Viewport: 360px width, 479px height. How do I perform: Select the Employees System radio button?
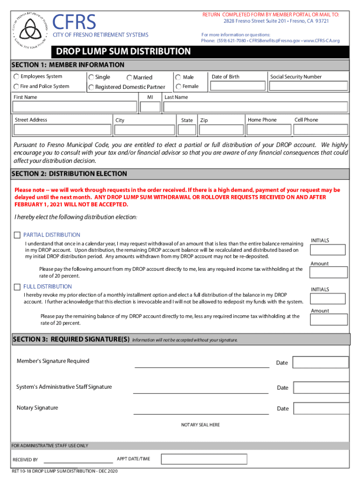(16, 77)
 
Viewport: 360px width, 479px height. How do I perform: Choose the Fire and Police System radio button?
(16, 87)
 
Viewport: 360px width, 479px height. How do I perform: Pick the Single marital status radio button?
(92, 77)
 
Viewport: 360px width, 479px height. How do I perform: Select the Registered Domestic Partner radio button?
(92, 87)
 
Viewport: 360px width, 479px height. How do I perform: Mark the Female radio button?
(179, 87)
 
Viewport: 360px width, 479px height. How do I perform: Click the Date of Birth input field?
(237, 87)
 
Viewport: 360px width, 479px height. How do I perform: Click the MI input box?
(150, 107)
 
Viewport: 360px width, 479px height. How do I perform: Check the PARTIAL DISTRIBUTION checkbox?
(17, 235)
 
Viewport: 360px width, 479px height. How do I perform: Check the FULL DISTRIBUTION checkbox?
(17, 287)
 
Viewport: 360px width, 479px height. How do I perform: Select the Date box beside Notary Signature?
(321, 408)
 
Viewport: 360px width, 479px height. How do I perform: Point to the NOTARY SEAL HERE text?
(200, 425)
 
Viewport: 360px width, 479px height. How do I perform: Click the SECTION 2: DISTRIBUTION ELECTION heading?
(69, 174)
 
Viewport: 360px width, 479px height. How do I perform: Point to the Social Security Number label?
(295, 77)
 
